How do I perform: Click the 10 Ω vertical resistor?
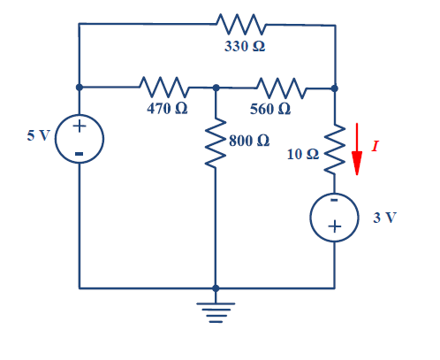pyautogui.click(x=335, y=150)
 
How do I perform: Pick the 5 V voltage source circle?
pyautogui.click(x=80, y=138)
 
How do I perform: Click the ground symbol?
pyautogui.click(x=216, y=310)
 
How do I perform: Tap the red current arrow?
pyautogui.click(x=357, y=149)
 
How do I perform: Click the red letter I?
pyautogui.click(x=376, y=146)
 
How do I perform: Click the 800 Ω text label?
pyautogui.click(x=249, y=141)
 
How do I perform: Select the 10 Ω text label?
pyautogui.click(x=303, y=154)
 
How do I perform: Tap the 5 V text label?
pyautogui.click(x=38, y=136)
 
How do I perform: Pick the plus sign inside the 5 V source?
pyautogui.click(x=79, y=126)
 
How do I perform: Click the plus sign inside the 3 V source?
pyautogui.click(x=334, y=228)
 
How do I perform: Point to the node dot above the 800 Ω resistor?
pyautogui.click(x=216, y=88)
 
